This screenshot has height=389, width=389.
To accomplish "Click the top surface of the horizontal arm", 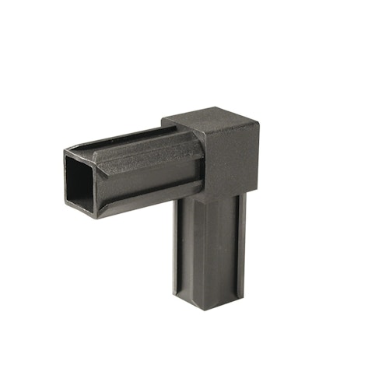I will point(132,140).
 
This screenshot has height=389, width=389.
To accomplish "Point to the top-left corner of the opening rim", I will point(65,152).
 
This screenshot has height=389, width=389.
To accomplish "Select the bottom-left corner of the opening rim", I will point(68,209).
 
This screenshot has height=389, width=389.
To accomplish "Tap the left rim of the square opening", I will point(67,180).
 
